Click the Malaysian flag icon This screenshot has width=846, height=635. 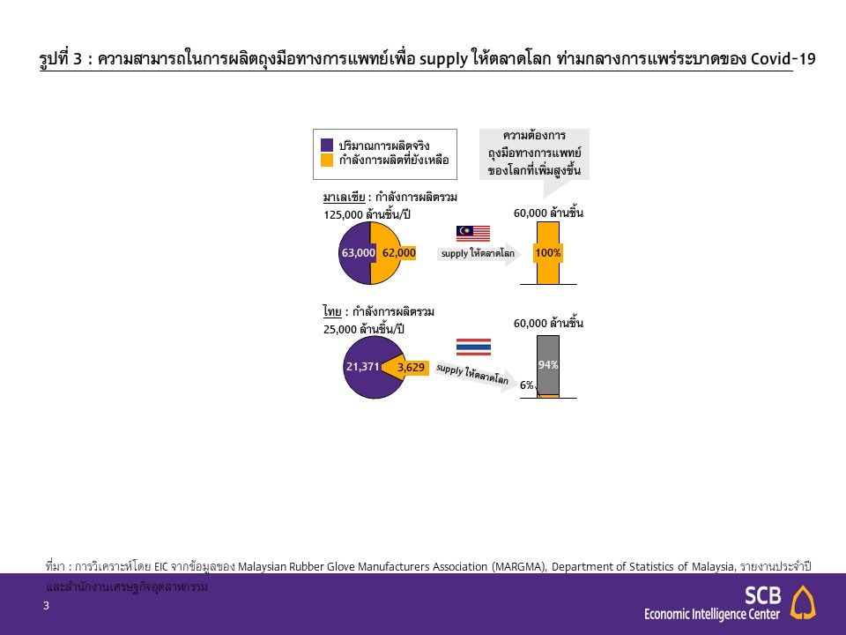pyautogui.click(x=473, y=233)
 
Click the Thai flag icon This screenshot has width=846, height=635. pyautogui.click(x=474, y=347)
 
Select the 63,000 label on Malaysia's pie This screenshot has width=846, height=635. pyautogui.click(x=359, y=253)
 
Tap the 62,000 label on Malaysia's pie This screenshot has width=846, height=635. pyautogui.click(x=399, y=253)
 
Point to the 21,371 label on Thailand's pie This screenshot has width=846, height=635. pyautogui.click(x=362, y=367)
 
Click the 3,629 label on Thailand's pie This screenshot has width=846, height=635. pyautogui.click(x=412, y=368)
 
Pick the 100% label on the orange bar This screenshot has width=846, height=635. pyautogui.click(x=548, y=253)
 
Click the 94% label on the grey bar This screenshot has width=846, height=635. pyautogui.click(x=547, y=365)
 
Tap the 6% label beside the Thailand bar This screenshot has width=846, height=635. pyautogui.click(x=527, y=385)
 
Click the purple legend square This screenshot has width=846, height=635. pyautogui.click(x=327, y=145)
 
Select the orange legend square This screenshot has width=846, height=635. pyautogui.click(x=327, y=160)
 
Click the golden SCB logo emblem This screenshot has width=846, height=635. pyautogui.click(x=803, y=602)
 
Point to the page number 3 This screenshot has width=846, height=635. pyautogui.click(x=47, y=606)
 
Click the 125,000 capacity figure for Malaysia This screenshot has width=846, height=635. pyautogui.click(x=343, y=215)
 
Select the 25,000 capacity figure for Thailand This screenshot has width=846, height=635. pyautogui.click(x=340, y=329)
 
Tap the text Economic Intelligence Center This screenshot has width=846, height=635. pyautogui.click(x=712, y=615)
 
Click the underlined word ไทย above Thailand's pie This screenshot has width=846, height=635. pyautogui.click(x=332, y=311)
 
